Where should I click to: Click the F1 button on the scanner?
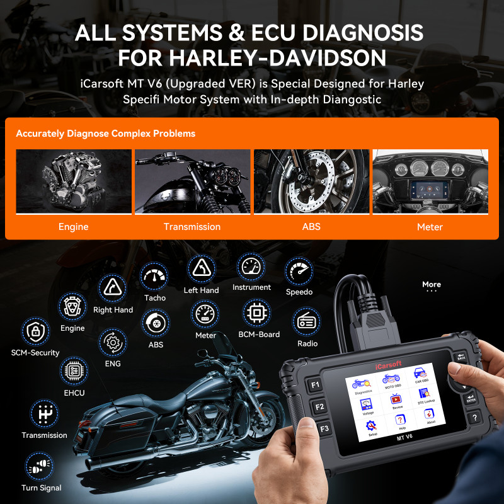pos(316,384)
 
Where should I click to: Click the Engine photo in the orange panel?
pos(73,181)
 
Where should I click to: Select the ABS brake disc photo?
pos(311,181)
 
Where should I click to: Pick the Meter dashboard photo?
pos(430,181)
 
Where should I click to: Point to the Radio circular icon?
pos(307,323)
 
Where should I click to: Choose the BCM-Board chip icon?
pos(258,313)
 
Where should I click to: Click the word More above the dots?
pos(432,284)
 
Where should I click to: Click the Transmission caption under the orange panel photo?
pos(192,227)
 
